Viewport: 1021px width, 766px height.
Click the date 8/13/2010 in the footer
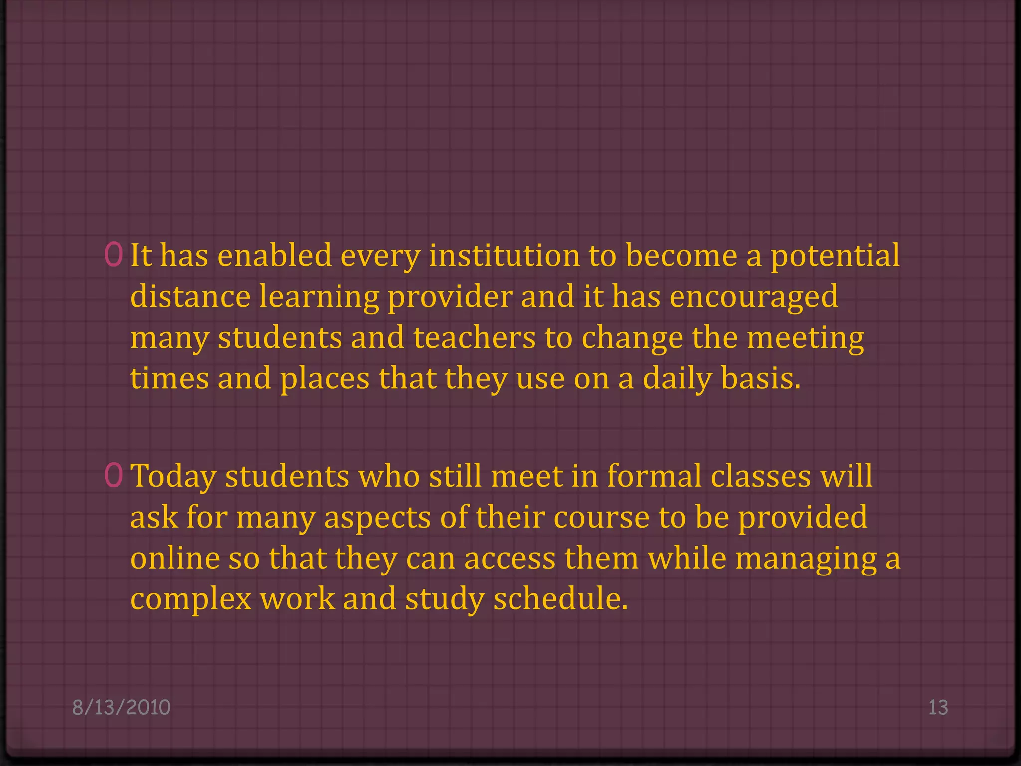click(121, 707)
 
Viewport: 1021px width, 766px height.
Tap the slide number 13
click(938, 707)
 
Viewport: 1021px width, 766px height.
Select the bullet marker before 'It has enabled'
click(114, 255)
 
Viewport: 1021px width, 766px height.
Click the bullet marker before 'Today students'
click(114, 475)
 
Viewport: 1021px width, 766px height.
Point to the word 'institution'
click(504, 255)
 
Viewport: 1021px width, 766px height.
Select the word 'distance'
click(190, 296)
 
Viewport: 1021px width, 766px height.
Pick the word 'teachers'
click(474, 337)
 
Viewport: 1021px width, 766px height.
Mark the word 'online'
click(175, 558)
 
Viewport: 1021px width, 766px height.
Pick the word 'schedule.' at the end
click(560, 598)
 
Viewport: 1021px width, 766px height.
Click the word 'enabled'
click(275, 255)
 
